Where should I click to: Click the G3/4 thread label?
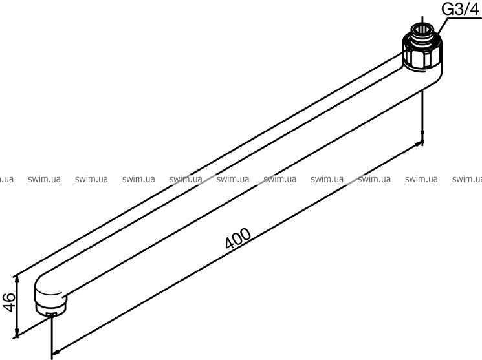tap(460, 10)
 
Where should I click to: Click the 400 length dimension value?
tap(238, 238)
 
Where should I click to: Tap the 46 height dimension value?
tap(9, 302)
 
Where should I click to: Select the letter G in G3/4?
tap(448, 10)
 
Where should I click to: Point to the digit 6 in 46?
tap(9, 297)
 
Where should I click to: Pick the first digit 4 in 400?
tap(230, 243)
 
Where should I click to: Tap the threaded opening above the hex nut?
tap(422, 31)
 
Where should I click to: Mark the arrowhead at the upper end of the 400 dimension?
tap(419, 143)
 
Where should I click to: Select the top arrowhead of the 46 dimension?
tap(17, 279)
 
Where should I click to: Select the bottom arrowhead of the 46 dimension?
tap(17, 334)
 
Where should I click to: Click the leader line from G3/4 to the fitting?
tap(442, 26)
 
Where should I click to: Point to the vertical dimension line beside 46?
tap(17, 306)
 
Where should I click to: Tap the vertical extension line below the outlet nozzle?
tap(52, 337)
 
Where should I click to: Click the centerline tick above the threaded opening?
tap(422, 20)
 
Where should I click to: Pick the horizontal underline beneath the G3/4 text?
tap(463, 18)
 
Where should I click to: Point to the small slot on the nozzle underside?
tap(50, 314)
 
